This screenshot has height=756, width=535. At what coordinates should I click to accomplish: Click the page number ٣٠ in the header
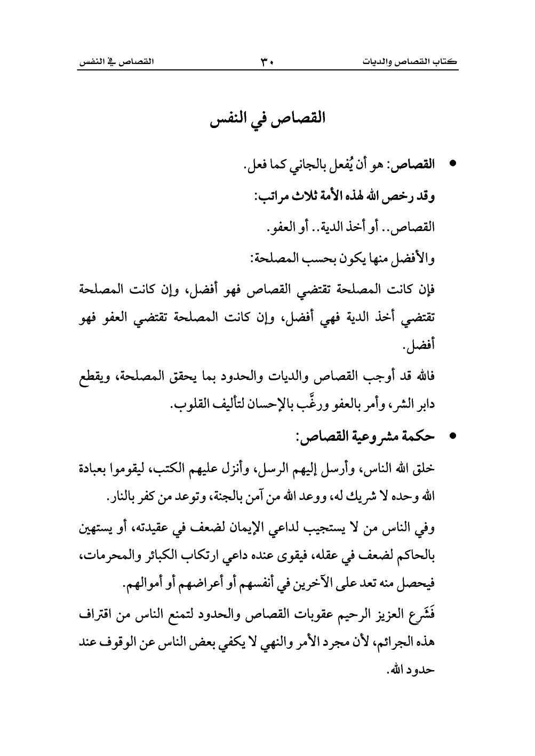(x=267, y=62)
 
